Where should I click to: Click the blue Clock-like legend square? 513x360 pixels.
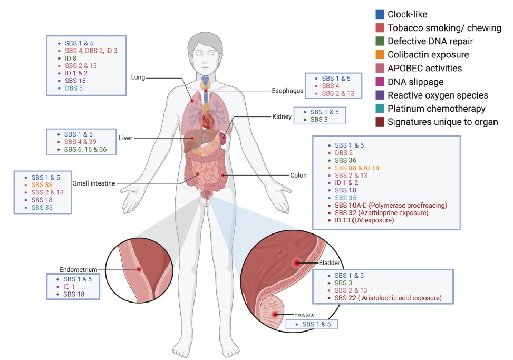pos(379,14)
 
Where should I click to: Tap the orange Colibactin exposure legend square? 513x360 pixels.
pos(379,54)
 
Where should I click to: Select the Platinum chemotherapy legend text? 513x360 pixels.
pos(437,109)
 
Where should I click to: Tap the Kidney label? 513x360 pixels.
pos(282,116)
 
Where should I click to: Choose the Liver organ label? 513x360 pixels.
pos(124,138)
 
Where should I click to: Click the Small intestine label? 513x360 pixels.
pos(94,183)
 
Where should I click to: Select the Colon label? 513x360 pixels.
pos(298,176)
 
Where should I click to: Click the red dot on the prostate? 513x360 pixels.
pos(275,314)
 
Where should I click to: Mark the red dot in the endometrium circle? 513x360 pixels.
pos(139,269)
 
